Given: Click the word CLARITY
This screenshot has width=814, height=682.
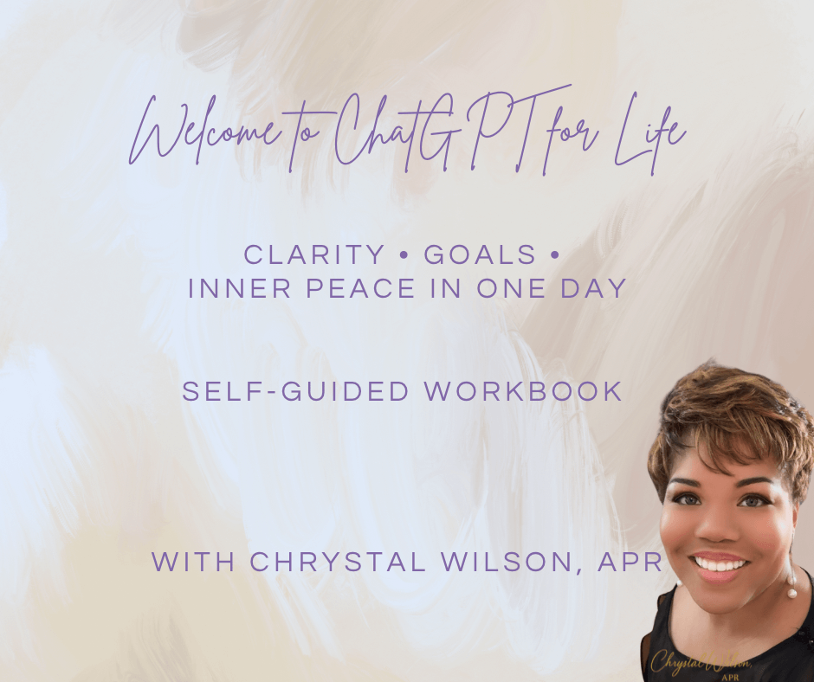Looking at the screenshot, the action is (313, 254).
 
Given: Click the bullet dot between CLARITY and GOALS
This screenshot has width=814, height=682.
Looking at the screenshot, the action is (404, 255).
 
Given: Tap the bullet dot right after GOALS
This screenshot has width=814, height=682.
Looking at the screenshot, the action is (553, 255).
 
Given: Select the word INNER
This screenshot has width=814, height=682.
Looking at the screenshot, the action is (239, 288).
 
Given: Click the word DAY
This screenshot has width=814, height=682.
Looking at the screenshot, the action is (593, 288).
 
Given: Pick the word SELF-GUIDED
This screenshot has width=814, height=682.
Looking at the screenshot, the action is (295, 391).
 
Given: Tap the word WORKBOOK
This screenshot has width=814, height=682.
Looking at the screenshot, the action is (523, 391).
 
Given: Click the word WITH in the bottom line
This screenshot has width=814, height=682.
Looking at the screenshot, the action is (192, 562).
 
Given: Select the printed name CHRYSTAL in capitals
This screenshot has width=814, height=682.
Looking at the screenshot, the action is (338, 562).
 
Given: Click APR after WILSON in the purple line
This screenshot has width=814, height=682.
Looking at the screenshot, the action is (630, 562).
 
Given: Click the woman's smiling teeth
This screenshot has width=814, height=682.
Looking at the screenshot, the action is (720, 563).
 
